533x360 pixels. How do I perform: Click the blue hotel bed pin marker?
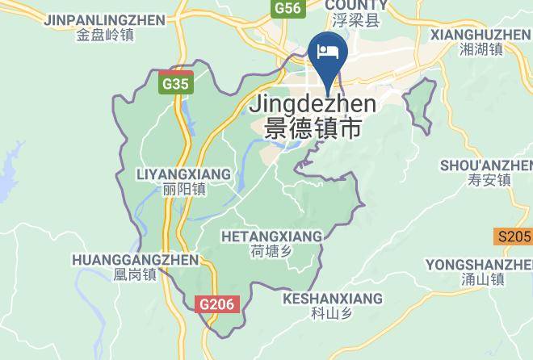pos(329,53)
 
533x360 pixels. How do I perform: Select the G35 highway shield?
pos(174,82)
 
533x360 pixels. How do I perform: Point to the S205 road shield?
pos(514,237)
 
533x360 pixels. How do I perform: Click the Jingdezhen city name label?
pos(313,104)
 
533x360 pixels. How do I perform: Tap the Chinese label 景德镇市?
pos(306,128)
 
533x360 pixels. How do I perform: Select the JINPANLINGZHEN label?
pos(105,19)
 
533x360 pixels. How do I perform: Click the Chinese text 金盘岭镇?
pos(105,35)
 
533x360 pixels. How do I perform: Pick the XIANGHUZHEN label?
pos(480,35)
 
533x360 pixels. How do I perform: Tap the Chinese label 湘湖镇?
pos(481,50)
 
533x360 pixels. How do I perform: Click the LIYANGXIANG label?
pos(183,174)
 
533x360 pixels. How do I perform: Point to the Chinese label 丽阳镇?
pos(183,190)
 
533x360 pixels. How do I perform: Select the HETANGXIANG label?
pos(271,236)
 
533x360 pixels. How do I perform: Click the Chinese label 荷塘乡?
pos(271,251)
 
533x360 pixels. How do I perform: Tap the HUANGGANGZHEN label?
pos(135,260)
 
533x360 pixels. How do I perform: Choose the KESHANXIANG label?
pos(332,299)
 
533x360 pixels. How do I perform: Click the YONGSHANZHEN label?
pos(479,265)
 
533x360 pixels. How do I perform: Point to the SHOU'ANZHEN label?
pos(485,165)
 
